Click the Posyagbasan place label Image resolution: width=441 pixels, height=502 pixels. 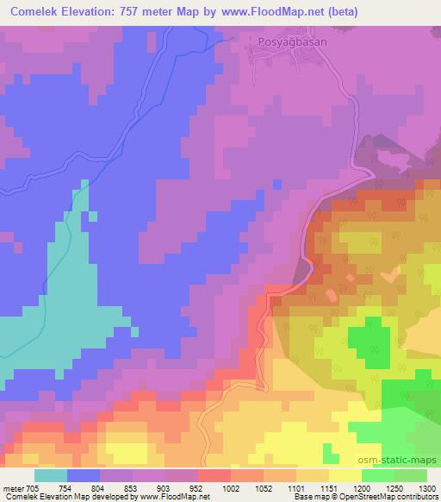point(283,40)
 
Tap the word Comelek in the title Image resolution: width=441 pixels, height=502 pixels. point(35,12)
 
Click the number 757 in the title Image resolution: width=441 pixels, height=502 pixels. point(147,12)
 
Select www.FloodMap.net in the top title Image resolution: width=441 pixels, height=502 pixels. point(264,12)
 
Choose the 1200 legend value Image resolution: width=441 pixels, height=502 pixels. point(363,489)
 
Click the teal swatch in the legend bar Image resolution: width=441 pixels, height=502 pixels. point(51,475)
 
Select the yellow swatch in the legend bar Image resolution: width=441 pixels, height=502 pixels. point(345,475)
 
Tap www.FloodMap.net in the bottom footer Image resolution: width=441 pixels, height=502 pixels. point(173,498)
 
